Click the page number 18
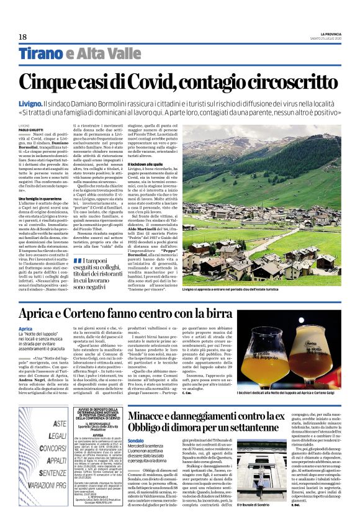(23, 37)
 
